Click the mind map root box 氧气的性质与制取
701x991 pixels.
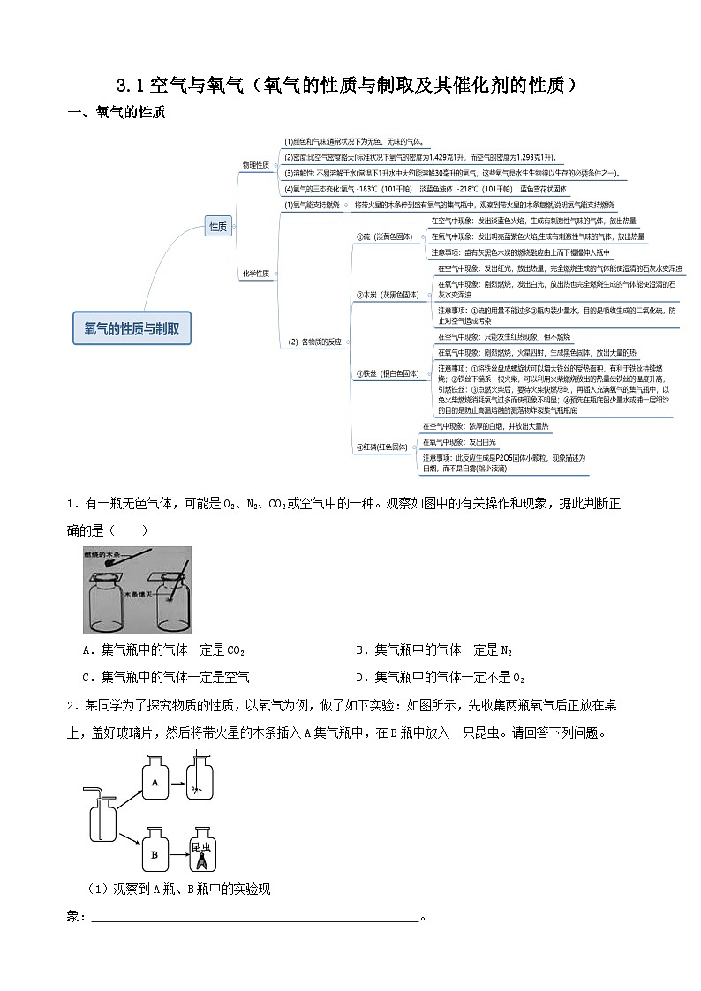tap(132, 327)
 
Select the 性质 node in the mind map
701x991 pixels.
tap(217, 227)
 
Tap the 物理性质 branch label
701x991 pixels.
tap(255, 165)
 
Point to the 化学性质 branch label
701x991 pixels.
tap(255, 274)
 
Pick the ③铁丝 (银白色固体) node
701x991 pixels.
tap(387, 373)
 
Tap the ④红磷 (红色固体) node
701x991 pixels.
tap(382, 447)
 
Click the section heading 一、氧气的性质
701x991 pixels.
tap(116, 113)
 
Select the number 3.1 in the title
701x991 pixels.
tap(131, 86)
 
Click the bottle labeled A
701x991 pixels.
tap(155, 781)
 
